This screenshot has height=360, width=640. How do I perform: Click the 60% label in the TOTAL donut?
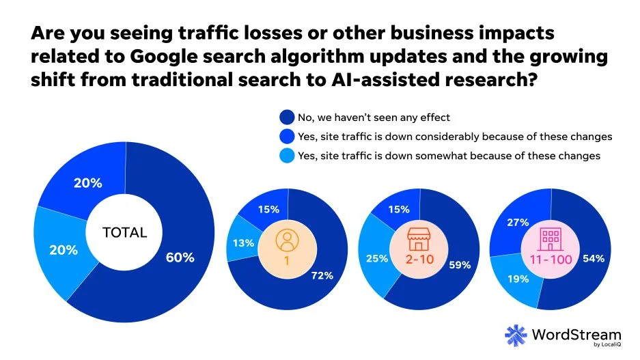(x=180, y=258)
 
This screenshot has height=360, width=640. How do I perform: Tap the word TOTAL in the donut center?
(x=124, y=232)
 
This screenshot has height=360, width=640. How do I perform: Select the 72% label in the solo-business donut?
(x=322, y=275)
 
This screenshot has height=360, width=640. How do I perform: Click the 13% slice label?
(x=245, y=243)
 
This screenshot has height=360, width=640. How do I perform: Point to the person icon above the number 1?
(x=287, y=241)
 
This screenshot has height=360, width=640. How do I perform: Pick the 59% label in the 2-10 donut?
(x=459, y=265)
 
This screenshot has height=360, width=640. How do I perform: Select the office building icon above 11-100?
(x=551, y=239)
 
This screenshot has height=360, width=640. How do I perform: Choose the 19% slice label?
(x=516, y=279)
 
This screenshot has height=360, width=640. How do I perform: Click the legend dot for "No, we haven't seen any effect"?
(x=288, y=117)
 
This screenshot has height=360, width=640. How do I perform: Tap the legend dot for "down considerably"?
(x=288, y=137)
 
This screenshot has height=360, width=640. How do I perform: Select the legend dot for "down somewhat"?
(x=288, y=156)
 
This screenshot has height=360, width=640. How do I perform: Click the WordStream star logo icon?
(x=516, y=335)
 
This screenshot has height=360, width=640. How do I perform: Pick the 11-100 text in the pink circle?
(x=551, y=260)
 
